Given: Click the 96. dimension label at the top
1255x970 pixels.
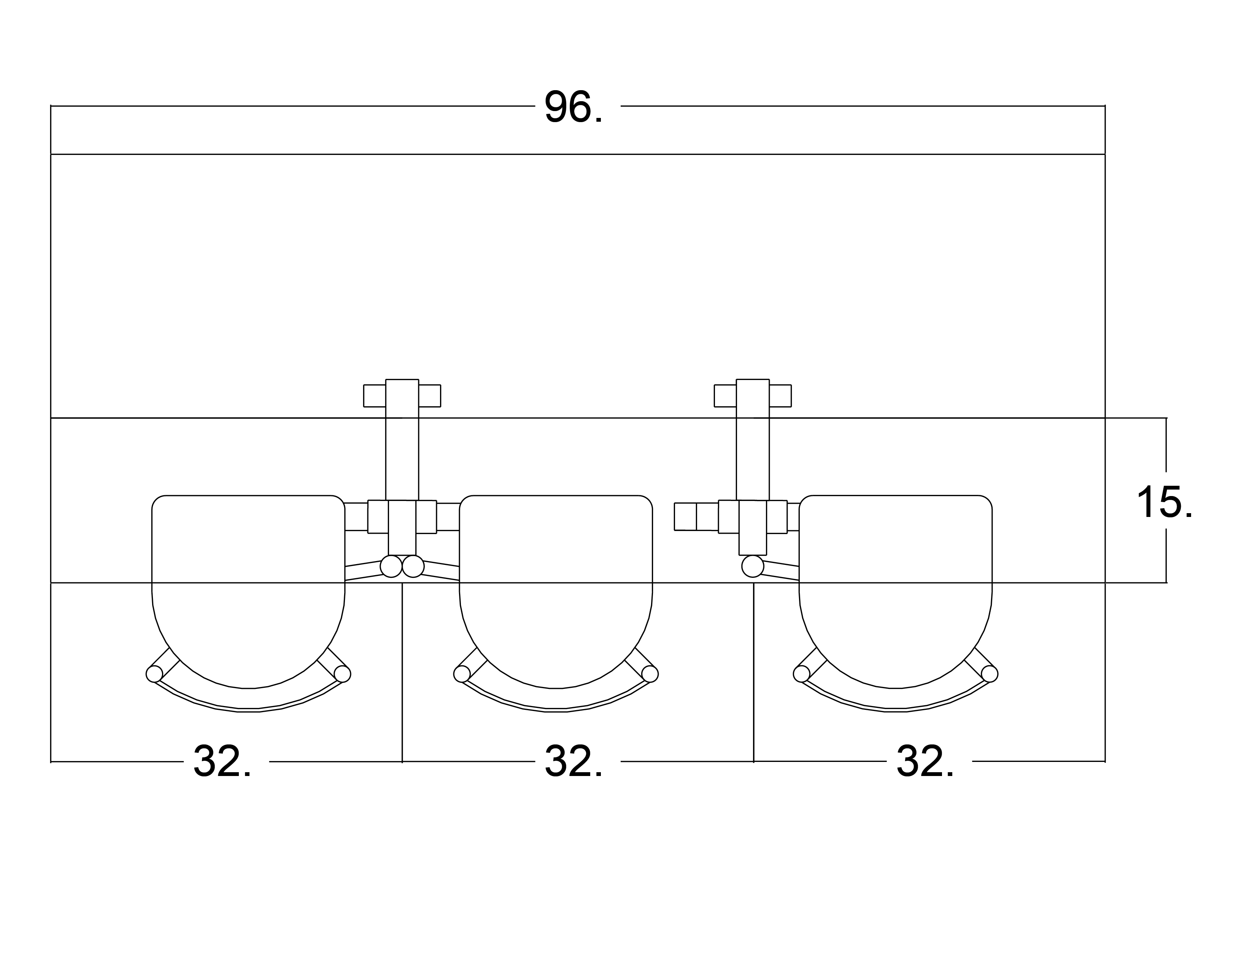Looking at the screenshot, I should point(573,106).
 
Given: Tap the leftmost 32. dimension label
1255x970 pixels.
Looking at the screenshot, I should point(222,762).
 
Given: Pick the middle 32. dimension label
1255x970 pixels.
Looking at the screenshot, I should point(573,762).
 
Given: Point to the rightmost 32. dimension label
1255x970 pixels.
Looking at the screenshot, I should point(925,762).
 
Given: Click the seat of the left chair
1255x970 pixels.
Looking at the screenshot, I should point(248,586).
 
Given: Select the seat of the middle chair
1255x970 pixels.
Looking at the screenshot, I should point(556,586).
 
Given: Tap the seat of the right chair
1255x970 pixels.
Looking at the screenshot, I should point(895,586).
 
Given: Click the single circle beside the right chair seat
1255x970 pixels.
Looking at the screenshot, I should point(753,567).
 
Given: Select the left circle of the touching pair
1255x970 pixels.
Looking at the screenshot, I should point(391,567).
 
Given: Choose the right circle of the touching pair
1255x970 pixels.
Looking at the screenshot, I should point(413,567).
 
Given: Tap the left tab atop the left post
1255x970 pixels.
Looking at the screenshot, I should point(375,396).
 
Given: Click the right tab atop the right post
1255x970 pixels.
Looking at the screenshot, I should point(780,396).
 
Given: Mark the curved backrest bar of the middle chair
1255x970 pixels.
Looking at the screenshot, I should point(556,709).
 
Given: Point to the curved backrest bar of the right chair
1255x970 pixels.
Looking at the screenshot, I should point(895,709).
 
